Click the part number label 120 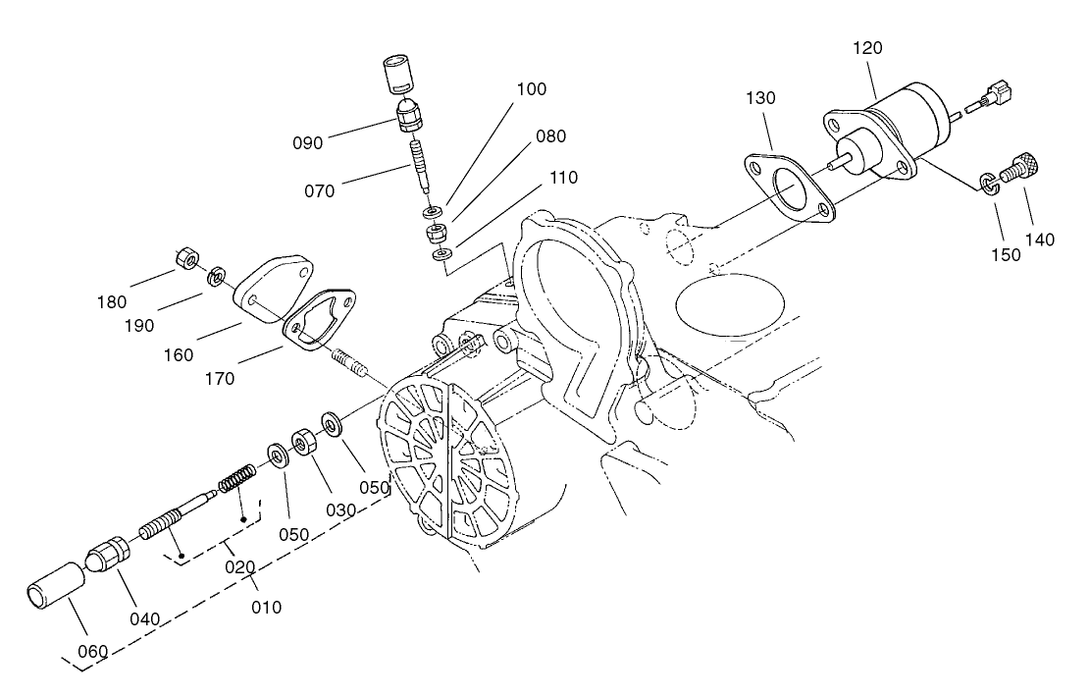pos(867,48)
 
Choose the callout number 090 pos(307,142)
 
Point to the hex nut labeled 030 pos(305,443)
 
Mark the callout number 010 pos(265,607)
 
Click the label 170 pos(219,378)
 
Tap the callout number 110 pos(564,178)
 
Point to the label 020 pos(238,566)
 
